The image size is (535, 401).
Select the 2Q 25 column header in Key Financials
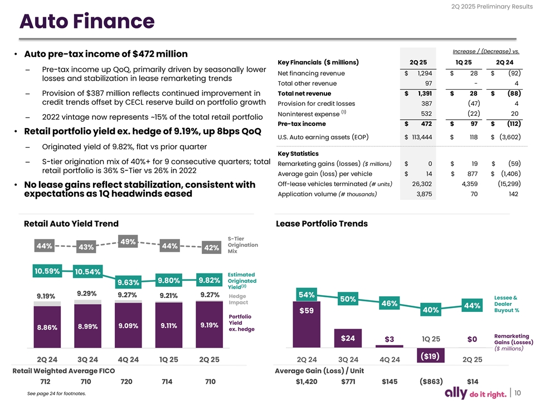click(417, 61)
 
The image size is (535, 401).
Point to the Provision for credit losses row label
click(317, 104)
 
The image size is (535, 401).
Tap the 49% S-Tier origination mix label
click(129, 241)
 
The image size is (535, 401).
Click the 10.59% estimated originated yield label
click(47, 271)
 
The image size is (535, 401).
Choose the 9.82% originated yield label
click(211, 280)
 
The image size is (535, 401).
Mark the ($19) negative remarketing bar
click(430, 355)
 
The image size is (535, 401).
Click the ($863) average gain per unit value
click(431, 382)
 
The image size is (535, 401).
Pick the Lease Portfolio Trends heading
click(322, 224)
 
